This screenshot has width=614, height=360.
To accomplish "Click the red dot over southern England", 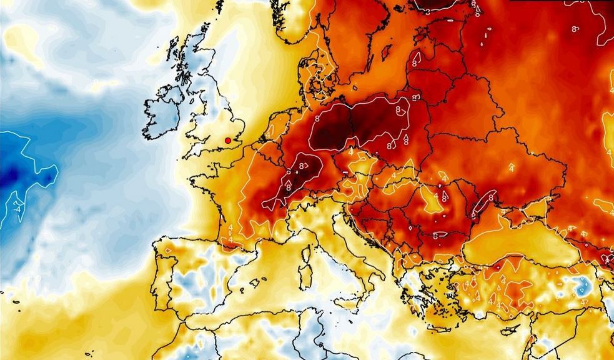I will [x=228, y=140].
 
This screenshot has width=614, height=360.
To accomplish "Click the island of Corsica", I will [x=308, y=253].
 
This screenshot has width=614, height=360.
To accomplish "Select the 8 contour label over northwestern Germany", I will [x=318, y=117].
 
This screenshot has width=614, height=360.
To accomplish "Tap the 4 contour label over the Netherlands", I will [x=268, y=135].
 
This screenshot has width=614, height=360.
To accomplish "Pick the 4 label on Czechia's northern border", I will [x=350, y=151].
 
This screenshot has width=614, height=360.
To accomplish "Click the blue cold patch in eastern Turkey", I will [x=585, y=285].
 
